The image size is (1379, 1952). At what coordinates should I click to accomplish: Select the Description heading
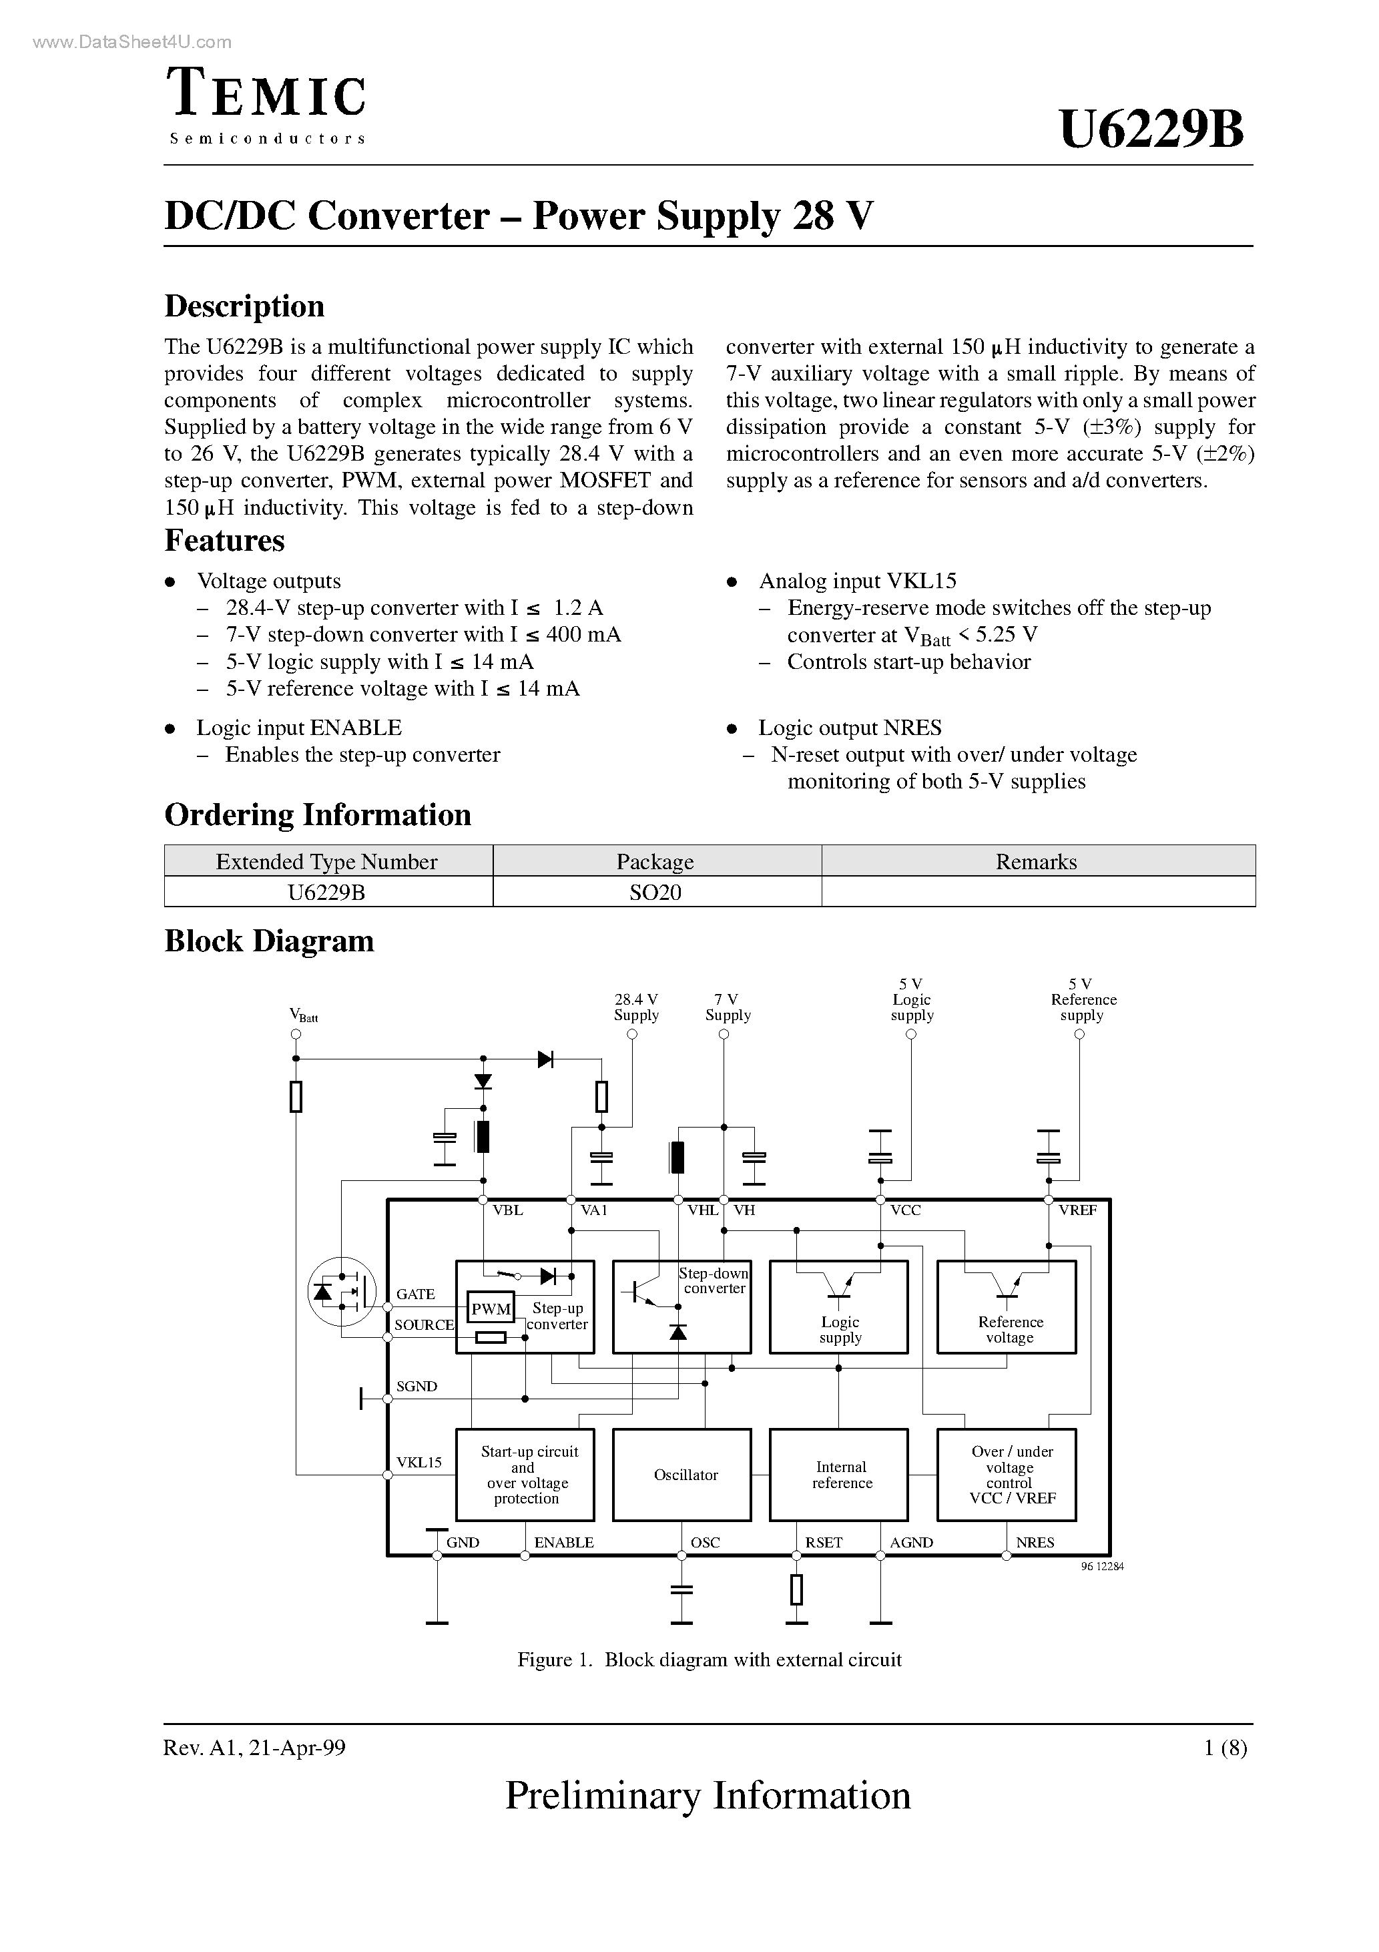coord(244,306)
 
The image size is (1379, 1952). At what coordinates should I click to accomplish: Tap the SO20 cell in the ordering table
coord(655,892)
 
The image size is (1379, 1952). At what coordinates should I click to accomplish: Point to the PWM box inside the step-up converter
coord(491,1309)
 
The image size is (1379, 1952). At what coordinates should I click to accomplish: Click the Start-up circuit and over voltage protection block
coord(525,1475)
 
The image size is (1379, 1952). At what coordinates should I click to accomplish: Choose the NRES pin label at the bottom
coord(1035,1542)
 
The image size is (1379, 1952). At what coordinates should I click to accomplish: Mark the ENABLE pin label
coord(563,1542)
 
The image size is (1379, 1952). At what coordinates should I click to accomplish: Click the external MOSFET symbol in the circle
coord(341,1292)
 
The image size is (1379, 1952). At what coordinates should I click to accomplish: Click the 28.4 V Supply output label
coord(636,1007)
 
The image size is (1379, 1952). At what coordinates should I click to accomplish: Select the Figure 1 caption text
coord(709,1660)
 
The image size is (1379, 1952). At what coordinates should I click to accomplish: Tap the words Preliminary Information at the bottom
coord(708,1796)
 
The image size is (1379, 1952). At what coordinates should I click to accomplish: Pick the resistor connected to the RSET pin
coord(796,1589)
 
